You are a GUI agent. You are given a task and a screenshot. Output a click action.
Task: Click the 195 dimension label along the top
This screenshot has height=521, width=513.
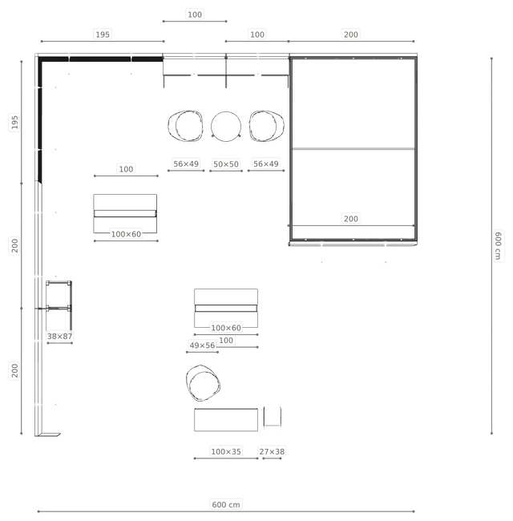tap(103, 34)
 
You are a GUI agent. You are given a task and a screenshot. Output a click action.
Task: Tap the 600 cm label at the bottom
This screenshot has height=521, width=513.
tap(226, 505)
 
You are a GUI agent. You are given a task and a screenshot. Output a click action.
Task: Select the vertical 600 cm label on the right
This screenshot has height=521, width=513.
tap(498, 245)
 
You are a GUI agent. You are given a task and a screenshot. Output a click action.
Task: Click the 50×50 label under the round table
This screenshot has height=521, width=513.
tap(226, 164)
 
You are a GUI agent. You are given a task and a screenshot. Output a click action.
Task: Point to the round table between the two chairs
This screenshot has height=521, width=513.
tap(226, 127)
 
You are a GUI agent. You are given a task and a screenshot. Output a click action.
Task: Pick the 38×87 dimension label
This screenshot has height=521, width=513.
tap(60, 337)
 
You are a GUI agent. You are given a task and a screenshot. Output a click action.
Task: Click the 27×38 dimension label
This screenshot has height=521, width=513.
tap(272, 451)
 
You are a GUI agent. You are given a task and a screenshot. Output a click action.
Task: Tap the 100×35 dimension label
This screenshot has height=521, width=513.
tap(226, 451)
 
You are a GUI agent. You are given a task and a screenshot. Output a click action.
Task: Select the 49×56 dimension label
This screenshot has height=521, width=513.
tap(202, 345)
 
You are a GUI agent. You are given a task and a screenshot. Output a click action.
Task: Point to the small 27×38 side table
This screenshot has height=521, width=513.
tap(273, 416)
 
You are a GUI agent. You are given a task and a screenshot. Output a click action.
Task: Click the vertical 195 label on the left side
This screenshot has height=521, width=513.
tap(14, 122)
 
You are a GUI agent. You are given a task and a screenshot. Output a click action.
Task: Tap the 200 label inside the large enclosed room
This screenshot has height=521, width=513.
tap(351, 219)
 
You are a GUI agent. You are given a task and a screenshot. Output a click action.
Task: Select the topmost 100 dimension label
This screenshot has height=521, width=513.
tap(195, 14)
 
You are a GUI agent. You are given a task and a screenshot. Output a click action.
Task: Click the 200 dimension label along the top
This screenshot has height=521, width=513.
tap(351, 34)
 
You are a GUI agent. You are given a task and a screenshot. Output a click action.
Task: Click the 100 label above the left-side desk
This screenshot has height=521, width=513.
tap(127, 169)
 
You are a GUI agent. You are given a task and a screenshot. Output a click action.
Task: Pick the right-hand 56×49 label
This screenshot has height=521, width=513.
tap(266, 164)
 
